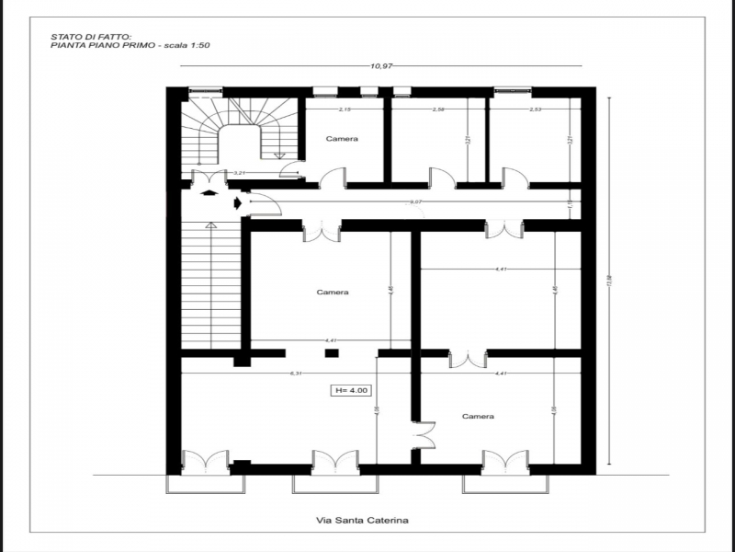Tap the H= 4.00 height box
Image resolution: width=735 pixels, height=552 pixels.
coord(351,391)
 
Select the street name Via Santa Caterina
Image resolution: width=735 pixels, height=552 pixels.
coord(362,521)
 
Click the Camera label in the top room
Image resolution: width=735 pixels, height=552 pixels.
coord(342,139)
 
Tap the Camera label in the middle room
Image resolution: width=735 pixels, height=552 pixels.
coord(333,293)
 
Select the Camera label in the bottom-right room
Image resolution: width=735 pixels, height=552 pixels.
coord(478,417)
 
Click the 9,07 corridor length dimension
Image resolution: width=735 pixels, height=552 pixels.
coord(415,201)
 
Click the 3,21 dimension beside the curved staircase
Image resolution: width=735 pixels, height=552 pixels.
coord(238,173)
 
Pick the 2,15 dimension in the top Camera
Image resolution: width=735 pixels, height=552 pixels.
coord(345,110)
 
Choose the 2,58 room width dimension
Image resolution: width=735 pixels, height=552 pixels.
coord(438,110)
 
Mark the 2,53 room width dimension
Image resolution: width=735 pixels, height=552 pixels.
coord(535,110)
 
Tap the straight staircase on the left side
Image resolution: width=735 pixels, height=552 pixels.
coord(210,285)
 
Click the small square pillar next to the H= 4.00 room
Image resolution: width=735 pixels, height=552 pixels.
coord(332,353)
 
